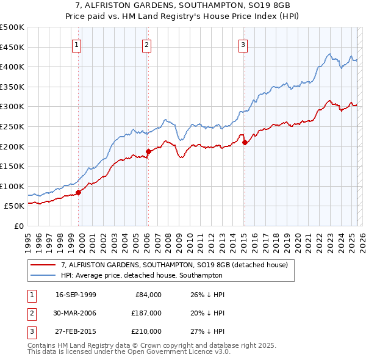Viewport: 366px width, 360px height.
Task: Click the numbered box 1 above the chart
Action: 77,44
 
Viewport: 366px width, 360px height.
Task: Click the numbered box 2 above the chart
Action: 147,44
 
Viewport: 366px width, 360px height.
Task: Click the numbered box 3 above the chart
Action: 243,44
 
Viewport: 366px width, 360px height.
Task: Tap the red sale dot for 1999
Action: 79,192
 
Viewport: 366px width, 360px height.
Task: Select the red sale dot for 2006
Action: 148,151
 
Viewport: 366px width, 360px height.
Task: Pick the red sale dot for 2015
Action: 245,142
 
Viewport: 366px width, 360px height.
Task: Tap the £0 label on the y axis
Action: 18,226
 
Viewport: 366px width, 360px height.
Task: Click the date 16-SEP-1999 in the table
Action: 76,295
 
